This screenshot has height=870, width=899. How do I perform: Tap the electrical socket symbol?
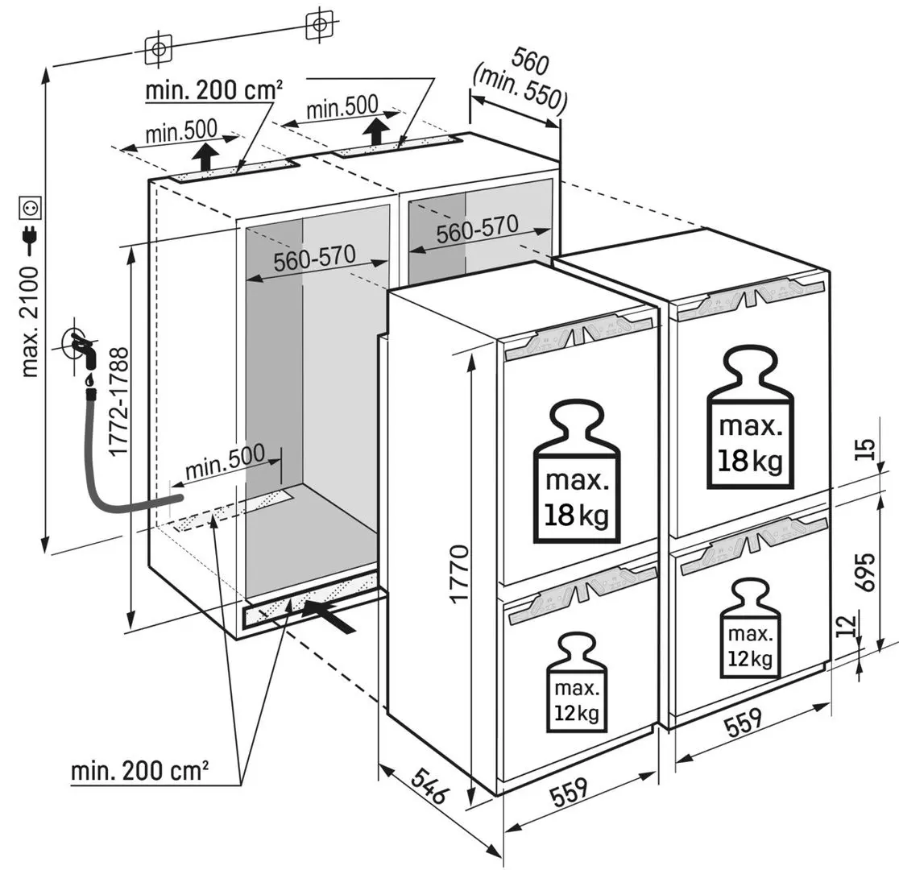point(30,209)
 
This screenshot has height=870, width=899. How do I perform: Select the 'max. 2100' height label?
point(30,321)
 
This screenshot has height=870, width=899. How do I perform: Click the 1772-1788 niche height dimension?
point(118,402)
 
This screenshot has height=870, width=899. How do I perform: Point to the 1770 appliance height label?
point(459,574)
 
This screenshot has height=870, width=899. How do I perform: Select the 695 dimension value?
point(865,572)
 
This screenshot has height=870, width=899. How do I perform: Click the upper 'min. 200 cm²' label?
point(213,90)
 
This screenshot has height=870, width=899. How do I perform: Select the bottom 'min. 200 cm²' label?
point(139,771)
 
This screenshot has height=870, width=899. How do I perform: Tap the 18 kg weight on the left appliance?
point(576,472)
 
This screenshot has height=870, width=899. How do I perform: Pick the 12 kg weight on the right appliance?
point(751,629)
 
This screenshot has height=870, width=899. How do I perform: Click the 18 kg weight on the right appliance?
point(751,417)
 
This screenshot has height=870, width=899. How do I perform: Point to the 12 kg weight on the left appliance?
point(576,683)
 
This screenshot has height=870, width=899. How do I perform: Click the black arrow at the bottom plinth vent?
point(329,616)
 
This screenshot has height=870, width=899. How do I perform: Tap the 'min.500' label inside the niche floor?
point(226,462)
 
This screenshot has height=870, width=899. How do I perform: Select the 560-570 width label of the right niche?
point(477,230)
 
